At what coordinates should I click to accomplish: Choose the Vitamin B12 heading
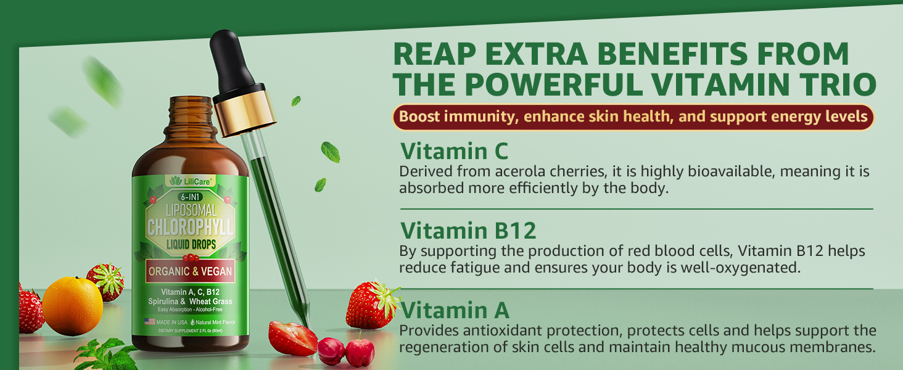[x=468, y=231]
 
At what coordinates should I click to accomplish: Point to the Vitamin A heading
[x=455, y=310]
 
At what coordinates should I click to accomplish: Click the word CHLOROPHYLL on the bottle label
[x=190, y=228]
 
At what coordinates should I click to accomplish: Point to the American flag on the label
[x=150, y=321]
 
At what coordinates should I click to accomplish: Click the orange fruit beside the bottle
[x=72, y=306]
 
